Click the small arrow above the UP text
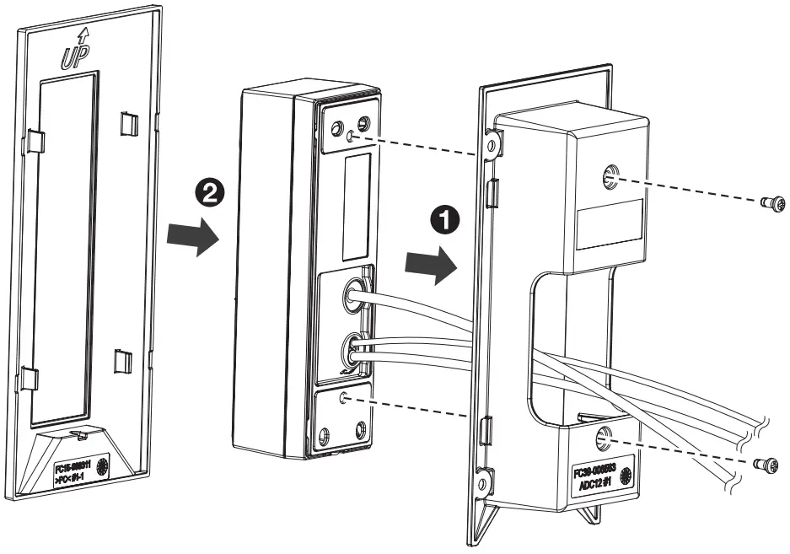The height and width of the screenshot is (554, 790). click(x=82, y=36)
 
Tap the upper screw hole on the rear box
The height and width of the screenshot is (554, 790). click(x=609, y=176)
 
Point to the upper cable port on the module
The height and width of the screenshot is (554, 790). click(x=352, y=293)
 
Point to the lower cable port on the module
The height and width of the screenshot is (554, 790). click(x=352, y=347)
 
